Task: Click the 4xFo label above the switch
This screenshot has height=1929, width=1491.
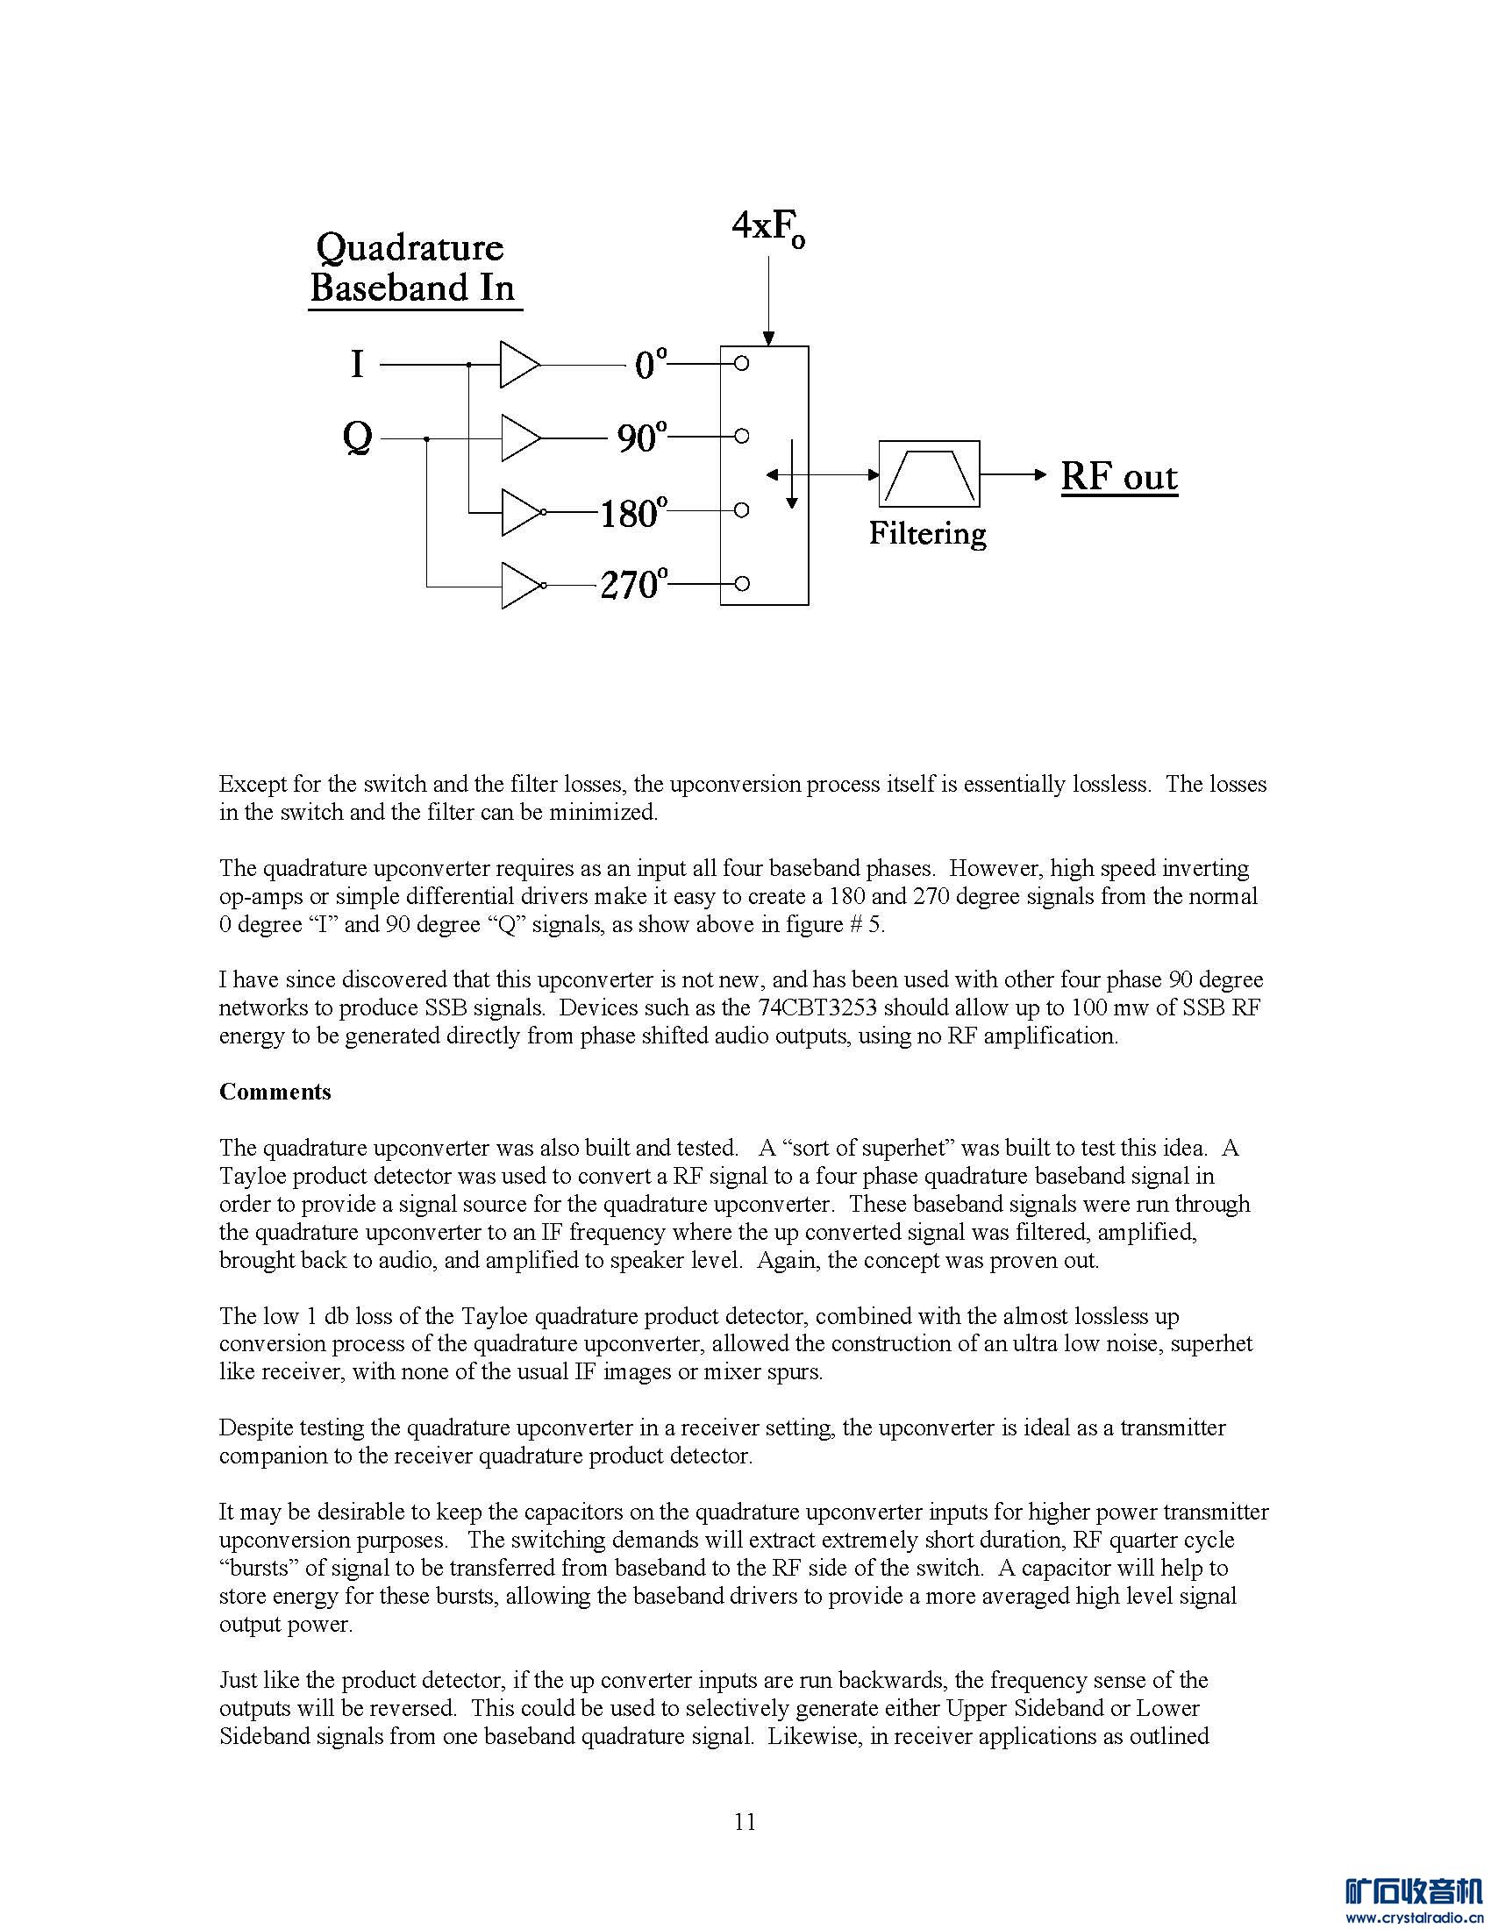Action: [x=767, y=230]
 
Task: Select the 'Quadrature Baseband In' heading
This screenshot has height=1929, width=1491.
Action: [x=412, y=267]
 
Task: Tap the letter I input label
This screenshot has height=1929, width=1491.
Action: [x=357, y=364]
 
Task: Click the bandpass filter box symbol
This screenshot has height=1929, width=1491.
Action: [x=929, y=474]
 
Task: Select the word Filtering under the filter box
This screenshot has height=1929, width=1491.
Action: [x=926, y=533]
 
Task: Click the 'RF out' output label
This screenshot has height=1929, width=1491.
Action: [x=1118, y=477]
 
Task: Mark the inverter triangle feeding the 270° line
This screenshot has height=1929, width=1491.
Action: [x=520, y=585]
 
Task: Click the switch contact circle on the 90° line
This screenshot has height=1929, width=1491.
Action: [x=742, y=437]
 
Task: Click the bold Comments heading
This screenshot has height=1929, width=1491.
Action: [x=275, y=1092]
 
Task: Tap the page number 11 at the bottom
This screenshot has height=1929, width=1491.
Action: [x=745, y=1821]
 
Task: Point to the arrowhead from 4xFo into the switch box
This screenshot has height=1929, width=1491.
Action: [x=768, y=338]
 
